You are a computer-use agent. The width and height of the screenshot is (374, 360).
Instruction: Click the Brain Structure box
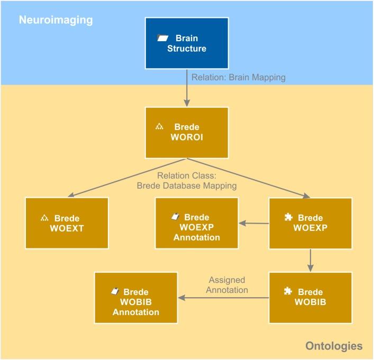[187, 43]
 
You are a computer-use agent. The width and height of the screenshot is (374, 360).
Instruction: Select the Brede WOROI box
[187, 132]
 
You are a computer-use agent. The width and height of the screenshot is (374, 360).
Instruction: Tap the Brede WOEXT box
[67, 223]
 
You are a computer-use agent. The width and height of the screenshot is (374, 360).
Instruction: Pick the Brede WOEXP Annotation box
[196, 223]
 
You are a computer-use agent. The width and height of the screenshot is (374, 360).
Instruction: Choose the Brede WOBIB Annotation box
[135, 298]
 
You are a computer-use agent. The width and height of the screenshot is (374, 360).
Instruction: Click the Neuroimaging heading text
[56, 21]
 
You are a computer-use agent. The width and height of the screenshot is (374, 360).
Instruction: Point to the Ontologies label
[333, 346]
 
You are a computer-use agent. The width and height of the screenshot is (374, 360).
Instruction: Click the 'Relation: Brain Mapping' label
[238, 77]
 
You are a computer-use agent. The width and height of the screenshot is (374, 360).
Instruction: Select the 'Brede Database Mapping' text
[186, 186]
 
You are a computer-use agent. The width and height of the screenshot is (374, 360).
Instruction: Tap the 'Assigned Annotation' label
[227, 285]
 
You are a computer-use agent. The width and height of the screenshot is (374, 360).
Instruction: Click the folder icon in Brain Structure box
[162, 38]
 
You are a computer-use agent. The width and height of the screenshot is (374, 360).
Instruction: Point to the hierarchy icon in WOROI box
[159, 127]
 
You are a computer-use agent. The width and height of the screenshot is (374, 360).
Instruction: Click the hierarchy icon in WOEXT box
[44, 218]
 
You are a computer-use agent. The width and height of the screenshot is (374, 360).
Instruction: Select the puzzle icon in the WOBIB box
[288, 291]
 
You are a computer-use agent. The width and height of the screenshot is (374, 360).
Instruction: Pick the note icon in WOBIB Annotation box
[114, 291]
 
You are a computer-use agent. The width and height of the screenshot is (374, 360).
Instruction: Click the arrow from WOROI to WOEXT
[127, 177]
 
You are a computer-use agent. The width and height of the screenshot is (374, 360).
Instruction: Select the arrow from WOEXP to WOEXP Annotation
[254, 223]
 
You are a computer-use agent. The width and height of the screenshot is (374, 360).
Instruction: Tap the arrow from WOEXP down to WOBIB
[311, 260]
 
